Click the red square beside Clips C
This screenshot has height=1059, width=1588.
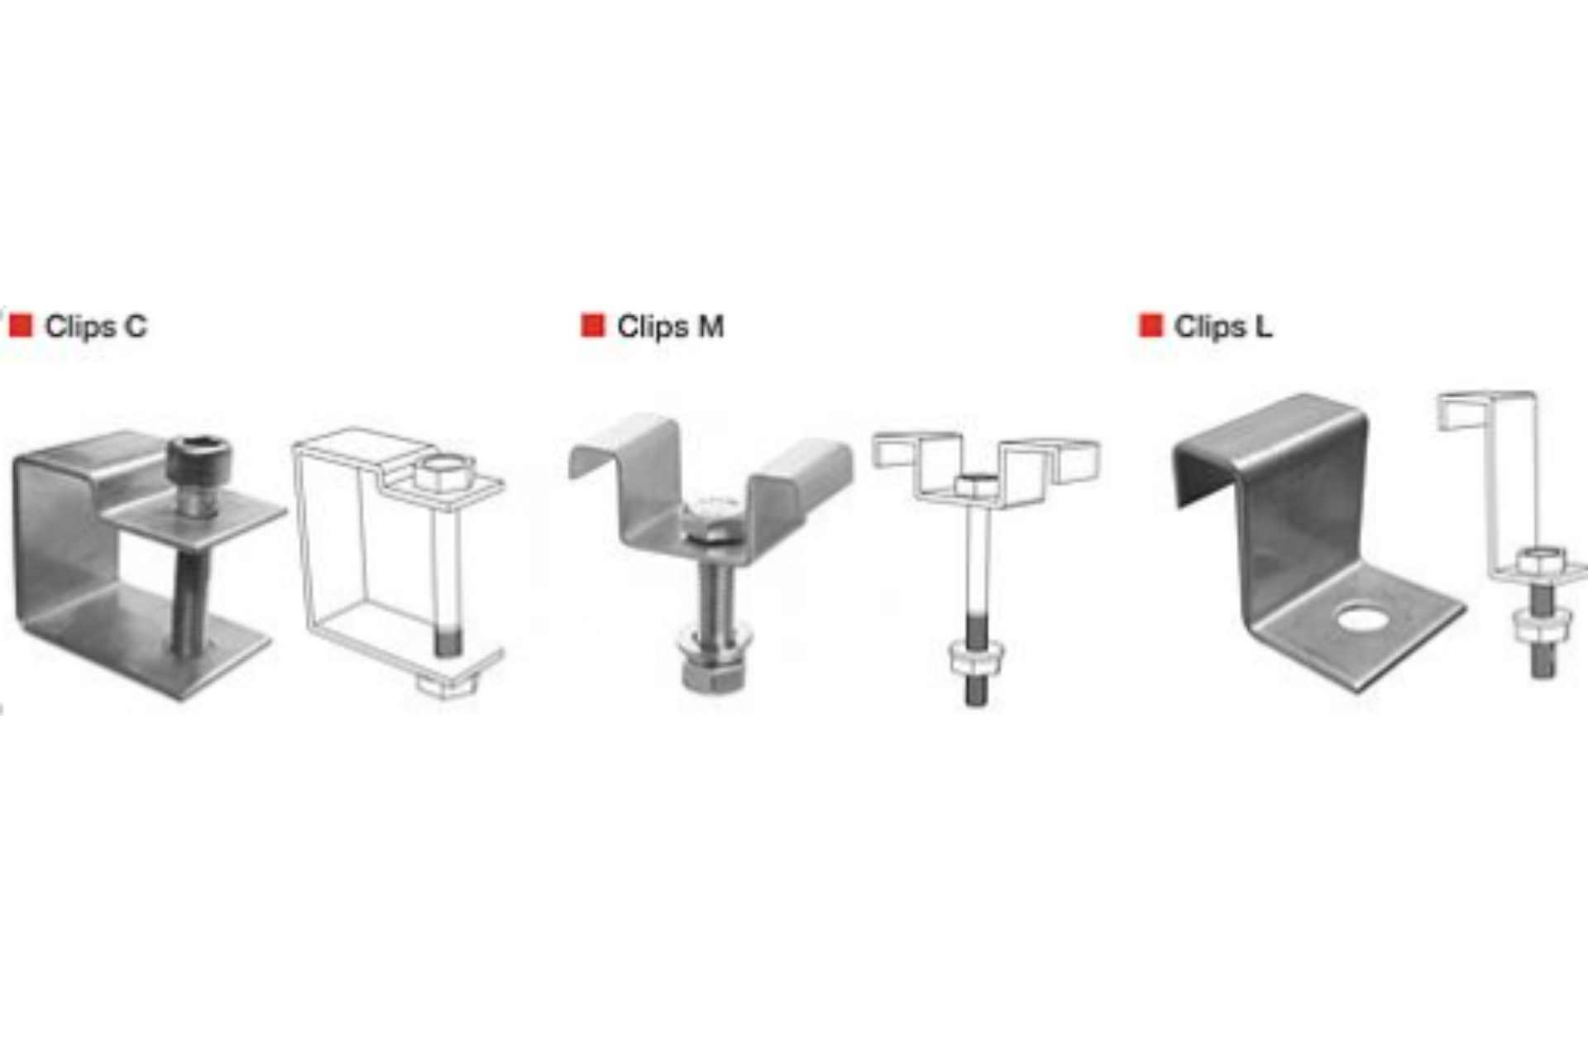21,325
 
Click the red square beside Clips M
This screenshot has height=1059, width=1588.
593,325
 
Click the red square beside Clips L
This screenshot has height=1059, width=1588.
1150,325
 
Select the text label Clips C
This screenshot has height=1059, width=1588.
96,326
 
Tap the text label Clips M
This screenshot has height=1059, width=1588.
670,326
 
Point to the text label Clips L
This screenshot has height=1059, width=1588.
1223,326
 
